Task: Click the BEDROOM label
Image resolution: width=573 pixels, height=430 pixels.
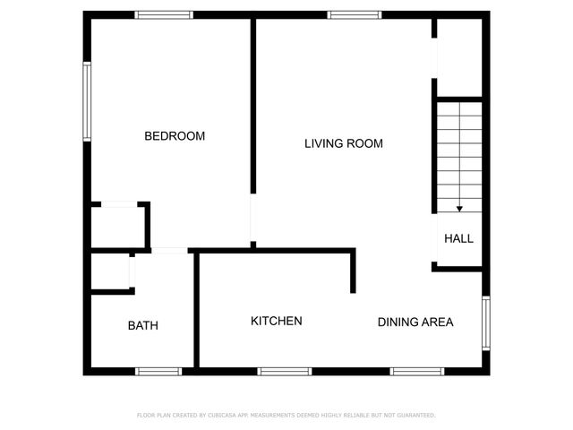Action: (175, 136)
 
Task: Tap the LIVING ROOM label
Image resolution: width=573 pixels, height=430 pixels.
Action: (343, 143)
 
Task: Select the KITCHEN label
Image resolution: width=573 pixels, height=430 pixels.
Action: (276, 321)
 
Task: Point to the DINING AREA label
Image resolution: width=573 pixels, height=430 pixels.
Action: (415, 322)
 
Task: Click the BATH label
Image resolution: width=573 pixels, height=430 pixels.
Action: (142, 325)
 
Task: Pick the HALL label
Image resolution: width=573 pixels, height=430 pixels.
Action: (458, 238)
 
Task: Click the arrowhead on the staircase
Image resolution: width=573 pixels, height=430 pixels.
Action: (459, 209)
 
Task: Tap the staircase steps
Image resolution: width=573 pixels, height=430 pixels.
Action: (459, 152)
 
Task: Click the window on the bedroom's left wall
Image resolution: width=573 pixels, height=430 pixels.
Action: (87, 100)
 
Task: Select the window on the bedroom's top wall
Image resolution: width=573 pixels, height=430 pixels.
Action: (164, 14)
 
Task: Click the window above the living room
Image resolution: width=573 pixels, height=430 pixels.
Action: (354, 14)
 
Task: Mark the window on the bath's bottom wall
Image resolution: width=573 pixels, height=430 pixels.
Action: (158, 371)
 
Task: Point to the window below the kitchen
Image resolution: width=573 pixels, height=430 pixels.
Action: (284, 371)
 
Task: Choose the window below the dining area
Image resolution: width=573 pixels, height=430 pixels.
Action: (416, 371)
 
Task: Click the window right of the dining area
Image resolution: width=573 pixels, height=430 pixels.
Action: (486, 322)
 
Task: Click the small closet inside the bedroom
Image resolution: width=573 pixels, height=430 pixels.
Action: (119, 225)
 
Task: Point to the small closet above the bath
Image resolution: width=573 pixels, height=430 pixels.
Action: (111, 271)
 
